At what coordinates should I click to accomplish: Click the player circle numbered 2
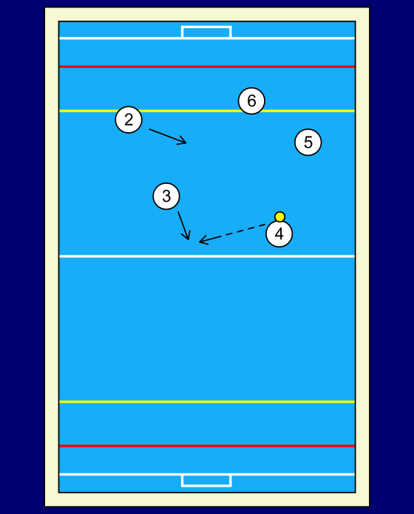pos(129,120)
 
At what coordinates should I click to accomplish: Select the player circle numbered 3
pos(166,196)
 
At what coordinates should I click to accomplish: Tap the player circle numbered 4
pos(279,233)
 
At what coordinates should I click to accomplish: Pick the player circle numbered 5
pos(308,142)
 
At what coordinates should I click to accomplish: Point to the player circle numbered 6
pos(251,100)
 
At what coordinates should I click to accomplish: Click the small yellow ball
pos(280,216)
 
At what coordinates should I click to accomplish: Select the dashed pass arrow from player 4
pos(232,233)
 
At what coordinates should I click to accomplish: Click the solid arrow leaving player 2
pos(168,137)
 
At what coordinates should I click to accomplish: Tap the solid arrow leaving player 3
pos(184,225)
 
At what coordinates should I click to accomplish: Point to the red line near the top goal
pos(207,66)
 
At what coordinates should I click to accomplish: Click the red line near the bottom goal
pos(207,446)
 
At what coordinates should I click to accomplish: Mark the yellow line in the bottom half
pos(207,402)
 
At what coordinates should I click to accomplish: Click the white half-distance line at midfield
pos(207,256)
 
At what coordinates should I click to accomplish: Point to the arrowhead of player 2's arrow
pos(183,142)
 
